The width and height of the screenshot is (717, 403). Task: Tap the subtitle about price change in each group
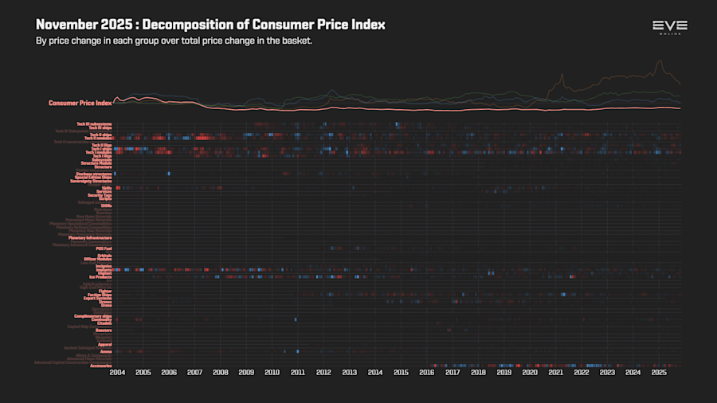pyautogui.click(x=174, y=41)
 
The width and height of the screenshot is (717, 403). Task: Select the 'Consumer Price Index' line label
pyautogui.click(x=80, y=103)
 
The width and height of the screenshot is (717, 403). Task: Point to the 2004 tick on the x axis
pyautogui.click(x=117, y=372)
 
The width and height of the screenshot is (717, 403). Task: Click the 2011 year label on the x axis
pyautogui.click(x=298, y=372)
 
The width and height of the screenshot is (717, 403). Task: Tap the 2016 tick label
pyautogui.click(x=427, y=372)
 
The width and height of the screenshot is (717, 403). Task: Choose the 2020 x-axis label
pyautogui.click(x=530, y=372)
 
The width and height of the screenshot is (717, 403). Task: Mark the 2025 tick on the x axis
pyautogui.click(x=659, y=372)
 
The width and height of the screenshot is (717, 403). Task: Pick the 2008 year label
pyautogui.click(x=221, y=372)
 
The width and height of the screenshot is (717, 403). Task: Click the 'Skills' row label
pyautogui.click(x=106, y=188)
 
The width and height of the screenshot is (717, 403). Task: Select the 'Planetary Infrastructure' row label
pyautogui.click(x=89, y=238)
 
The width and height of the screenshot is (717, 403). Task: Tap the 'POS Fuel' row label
pyautogui.click(x=104, y=248)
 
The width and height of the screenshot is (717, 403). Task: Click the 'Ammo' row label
pyautogui.click(x=105, y=351)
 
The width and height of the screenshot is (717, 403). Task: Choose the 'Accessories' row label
pyautogui.click(x=100, y=366)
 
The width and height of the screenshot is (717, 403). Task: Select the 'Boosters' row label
pyautogui.click(x=104, y=330)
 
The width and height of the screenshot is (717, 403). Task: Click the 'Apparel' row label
pyautogui.click(x=104, y=344)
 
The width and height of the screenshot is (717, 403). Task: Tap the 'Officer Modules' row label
pyautogui.click(x=97, y=259)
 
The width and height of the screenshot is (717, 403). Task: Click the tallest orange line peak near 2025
pyautogui.click(x=660, y=61)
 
